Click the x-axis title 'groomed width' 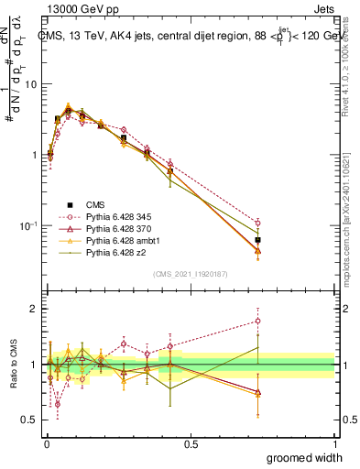[305, 457]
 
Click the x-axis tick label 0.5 [191, 442]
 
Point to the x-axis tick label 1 [334, 442]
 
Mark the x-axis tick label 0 [47, 442]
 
